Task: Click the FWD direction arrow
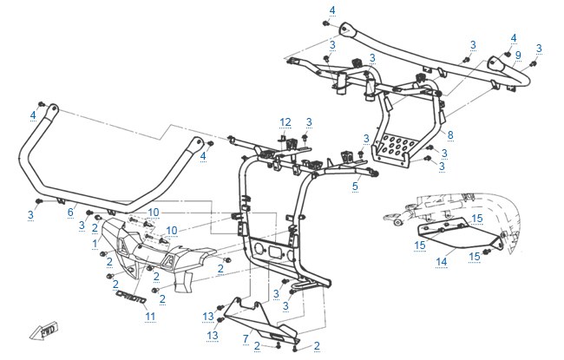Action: (x=44, y=331)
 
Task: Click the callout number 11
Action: (x=150, y=316)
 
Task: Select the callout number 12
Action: (x=285, y=122)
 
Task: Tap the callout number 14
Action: (x=442, y=261)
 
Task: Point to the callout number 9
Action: (x=518, y=56)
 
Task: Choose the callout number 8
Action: (x=450, y=135)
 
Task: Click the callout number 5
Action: (x=356, y=186)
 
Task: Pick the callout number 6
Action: (x=70, y=213)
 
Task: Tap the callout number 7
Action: (x=246, y=338)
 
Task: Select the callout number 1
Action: (x=95, y=244)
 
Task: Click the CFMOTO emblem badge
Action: (x=131, y=297)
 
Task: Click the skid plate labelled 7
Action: (x=261, y=319)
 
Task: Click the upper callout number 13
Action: (x=208, y=317)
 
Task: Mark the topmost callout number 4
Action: (x=332, y=10)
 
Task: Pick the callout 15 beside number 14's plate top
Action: (x=477, y=219)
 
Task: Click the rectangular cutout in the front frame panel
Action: (x=274, y=251)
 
